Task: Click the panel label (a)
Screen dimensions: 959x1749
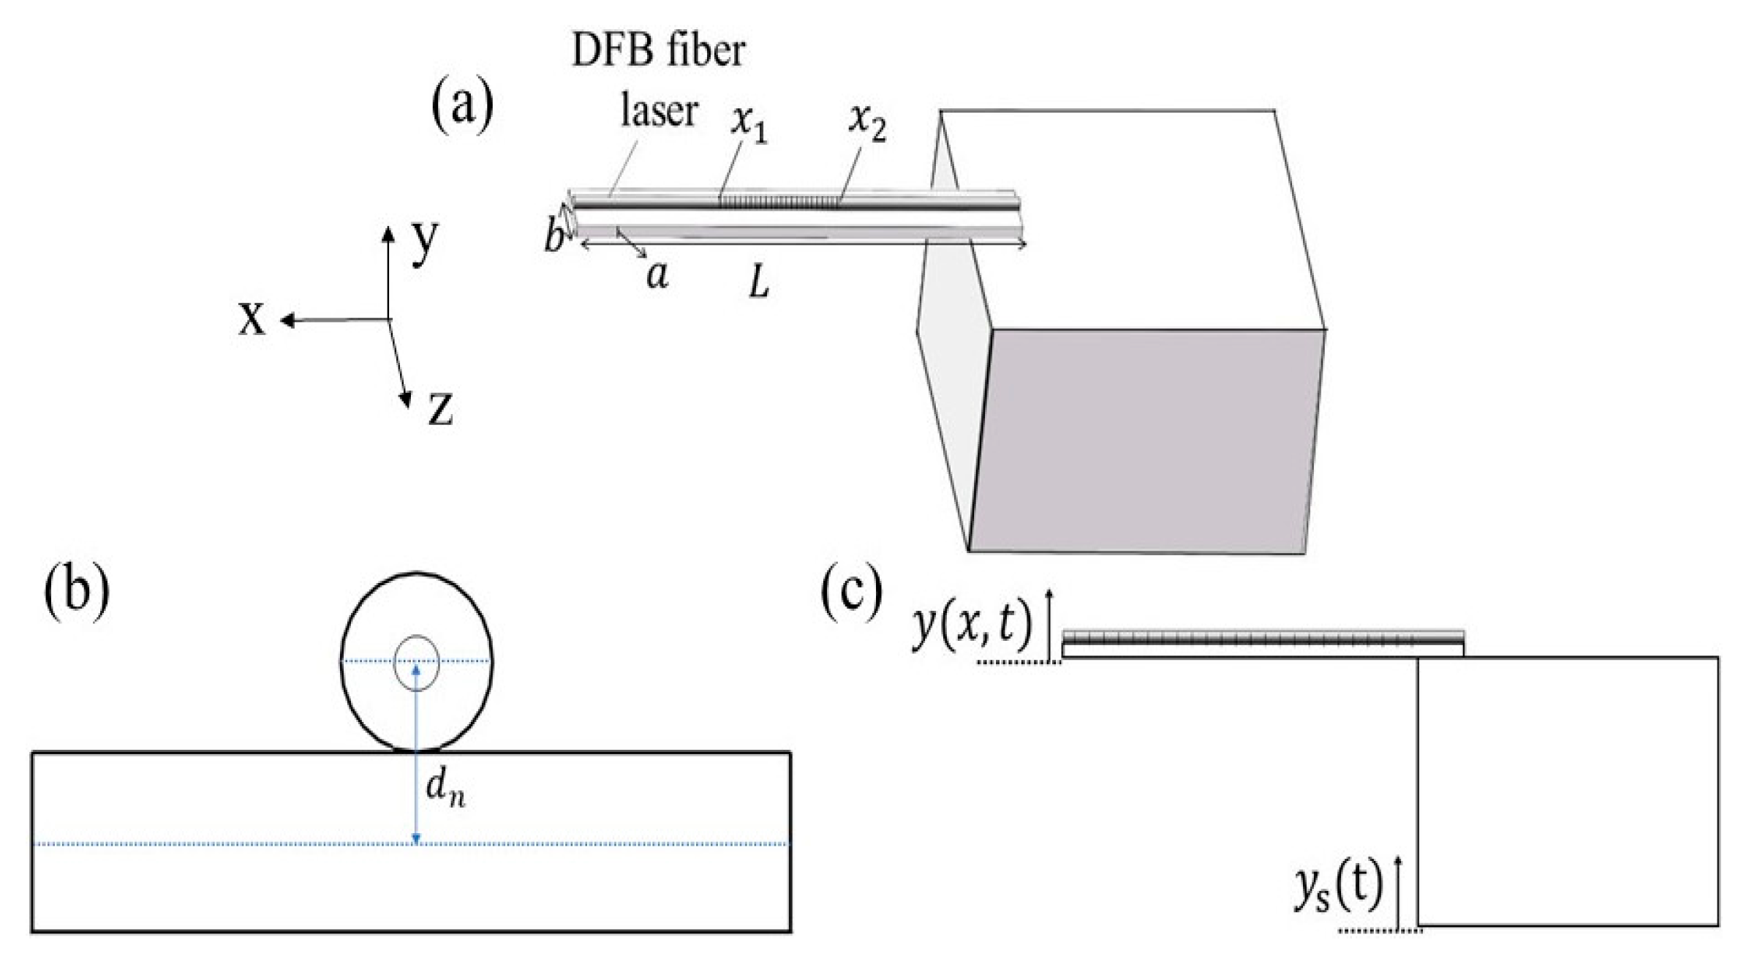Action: pos(462,108)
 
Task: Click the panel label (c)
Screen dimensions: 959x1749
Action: pos(851,591)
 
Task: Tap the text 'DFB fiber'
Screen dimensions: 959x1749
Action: pos(658,51)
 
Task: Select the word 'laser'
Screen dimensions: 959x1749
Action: pos(659,111)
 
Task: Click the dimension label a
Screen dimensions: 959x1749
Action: pos(657,275)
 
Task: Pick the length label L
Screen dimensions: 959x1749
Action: pos(759,282)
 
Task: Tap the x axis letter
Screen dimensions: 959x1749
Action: pos(252,319)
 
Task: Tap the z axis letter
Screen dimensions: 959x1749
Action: pos(440,409)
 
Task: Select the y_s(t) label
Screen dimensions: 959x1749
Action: pos(1340,886)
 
